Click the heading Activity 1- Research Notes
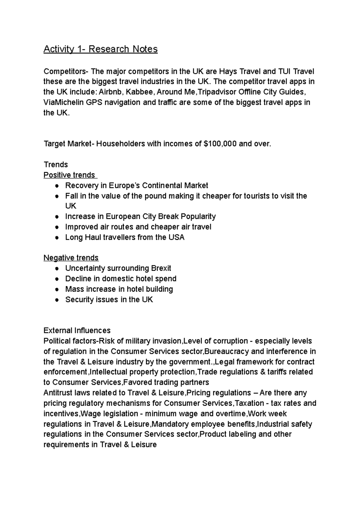click(100, 49)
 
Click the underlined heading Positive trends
click(69, 175)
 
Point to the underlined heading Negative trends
click(71, 258)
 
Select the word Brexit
click(161, 268)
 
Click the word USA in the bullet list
click(176, 237)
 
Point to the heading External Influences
click(77, 331)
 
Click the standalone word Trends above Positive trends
click(56, 165)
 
